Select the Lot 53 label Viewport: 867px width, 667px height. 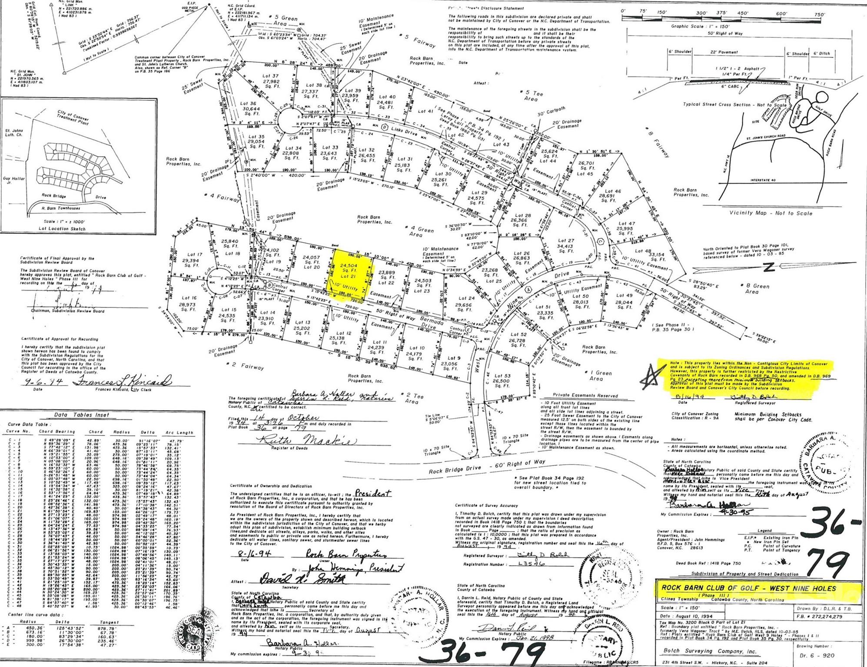[502, 376]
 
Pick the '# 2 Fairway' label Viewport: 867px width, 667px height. [246, 366]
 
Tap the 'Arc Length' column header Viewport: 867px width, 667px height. [179, 433]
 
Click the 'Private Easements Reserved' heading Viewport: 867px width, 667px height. [585, 396]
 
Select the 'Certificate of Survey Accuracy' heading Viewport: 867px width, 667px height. [486, 505]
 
